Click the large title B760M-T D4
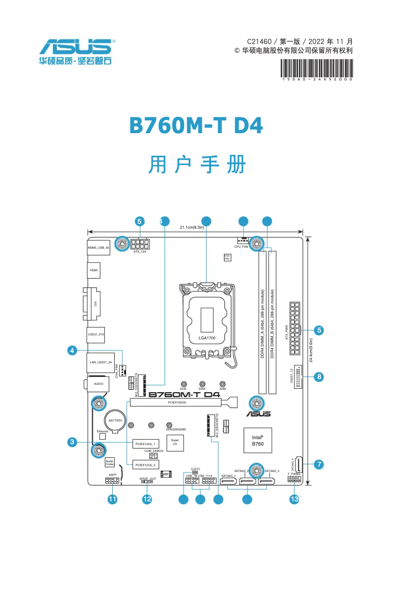click(196, 126)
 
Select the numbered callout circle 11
click(113, 499)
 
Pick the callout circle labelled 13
click(294, 499)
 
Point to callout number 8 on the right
click(319, 377)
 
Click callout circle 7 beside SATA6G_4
click(319, 464)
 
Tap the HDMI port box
click(94, 270)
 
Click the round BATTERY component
click(116, 421)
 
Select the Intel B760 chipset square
click(258, 440)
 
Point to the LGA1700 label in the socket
click(207, 338)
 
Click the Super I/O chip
click(175, 443)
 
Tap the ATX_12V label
click(140, 252)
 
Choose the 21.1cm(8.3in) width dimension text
click(195, 227)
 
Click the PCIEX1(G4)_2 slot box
click(145, 465)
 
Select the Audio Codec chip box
click(110, 462)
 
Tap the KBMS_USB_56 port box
click(98, 248)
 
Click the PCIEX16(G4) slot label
click(177, 402)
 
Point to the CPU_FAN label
click(241, 247)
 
